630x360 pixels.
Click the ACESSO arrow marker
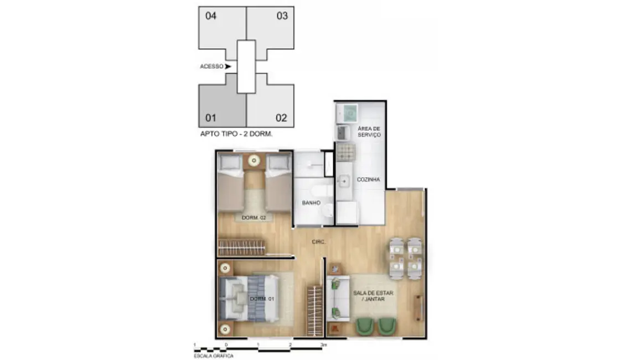[x=228, y=66]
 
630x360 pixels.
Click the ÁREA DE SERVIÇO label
[x=369, y=131]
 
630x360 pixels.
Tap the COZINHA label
[x=368, y=179]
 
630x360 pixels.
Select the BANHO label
[x=311, y=203]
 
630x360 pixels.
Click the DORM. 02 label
[x=254, y=218]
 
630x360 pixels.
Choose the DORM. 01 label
[x=262, y=299]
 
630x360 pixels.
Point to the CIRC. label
[x=319, y=243]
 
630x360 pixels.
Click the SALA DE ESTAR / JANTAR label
[x=373, y=296]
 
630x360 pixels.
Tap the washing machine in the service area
[x=347, y=114]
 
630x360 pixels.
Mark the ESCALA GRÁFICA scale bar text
[x=213, y=356]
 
